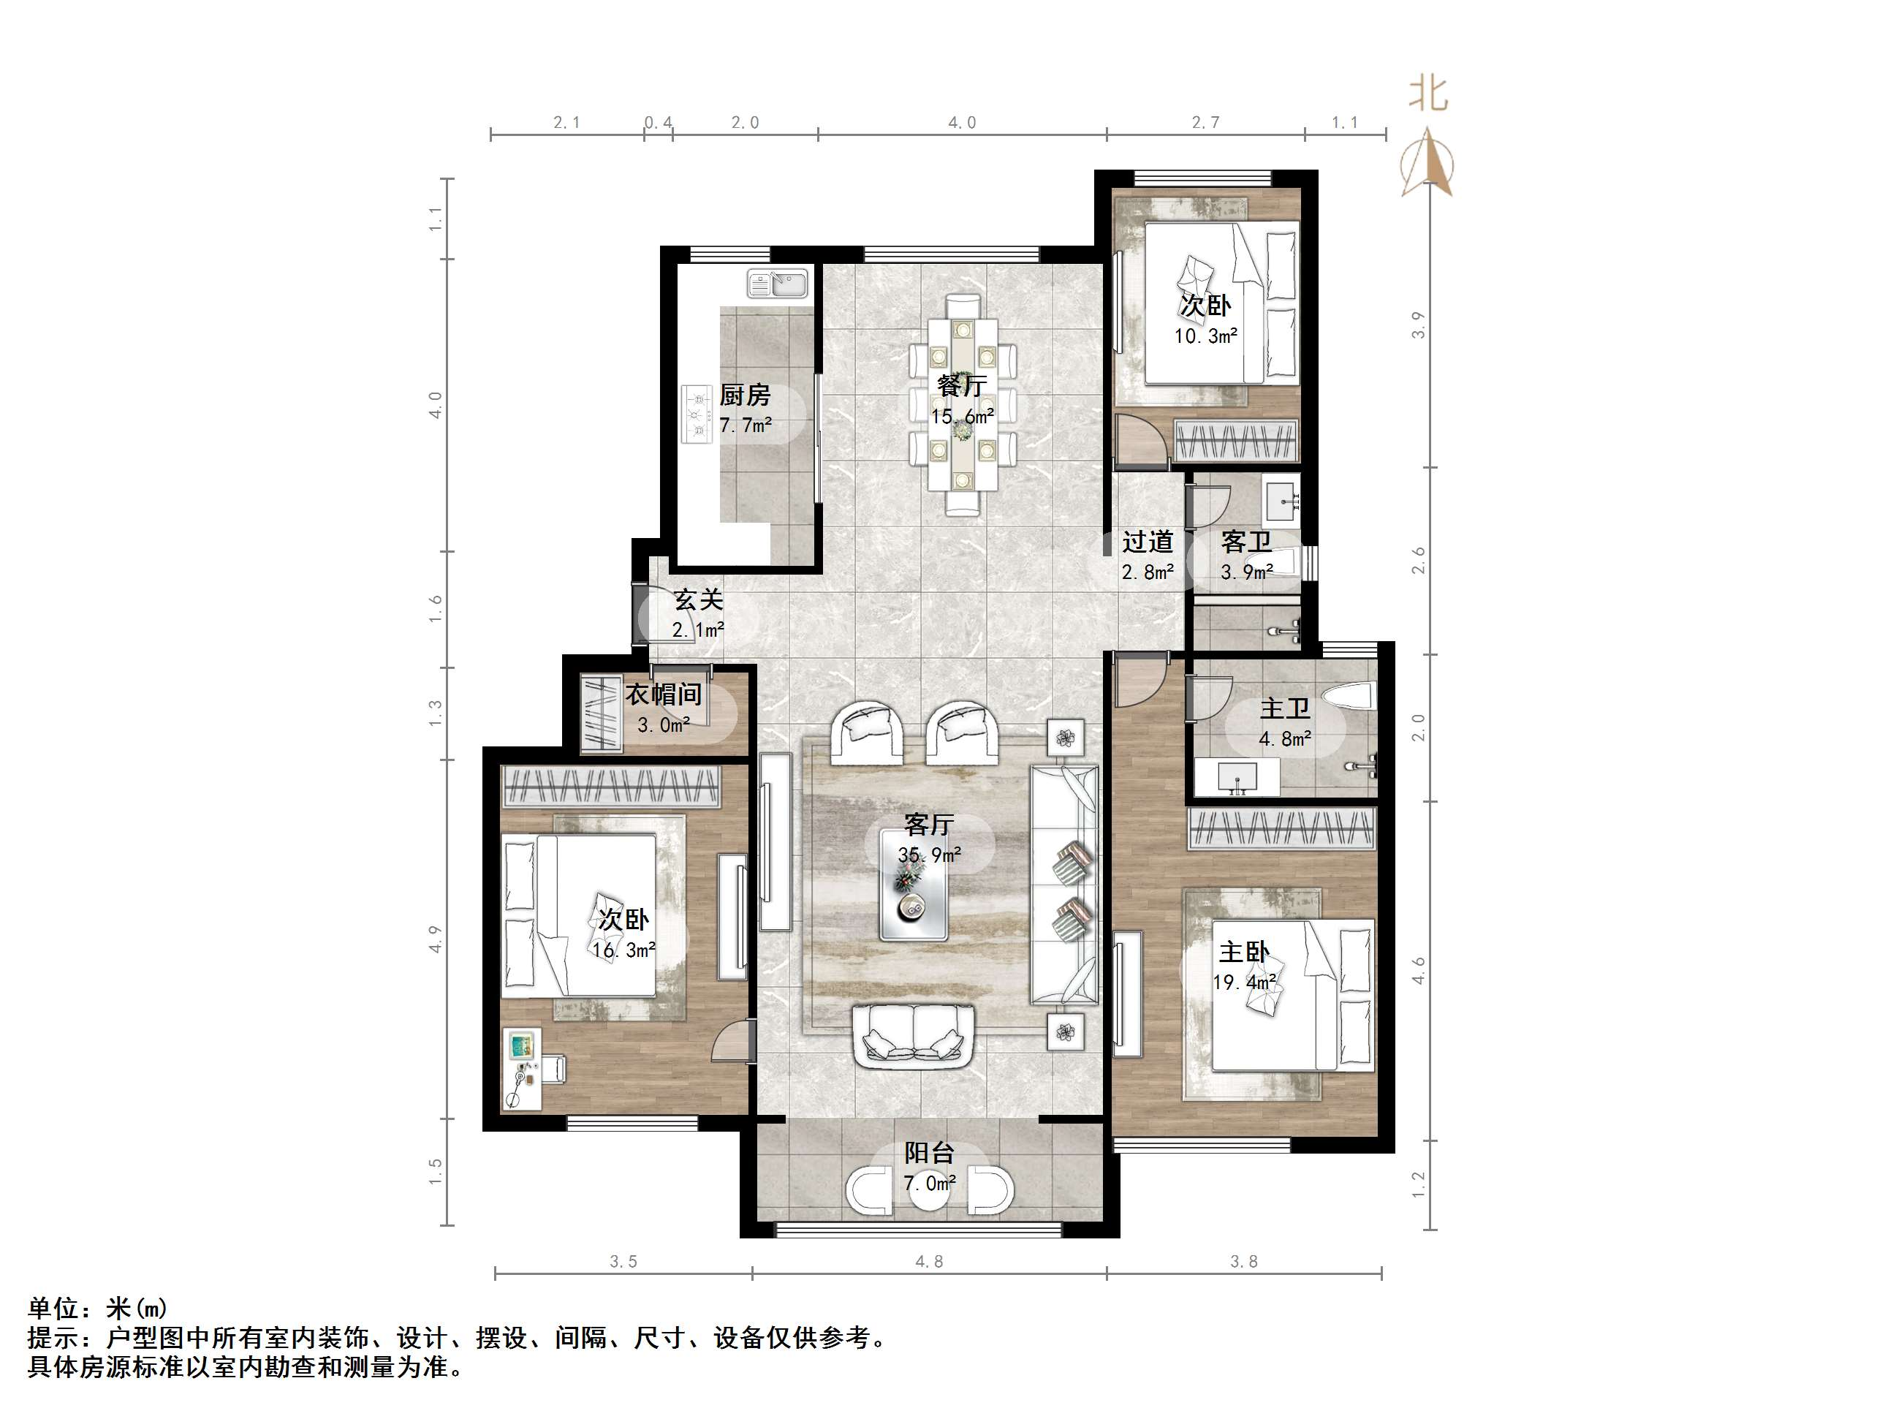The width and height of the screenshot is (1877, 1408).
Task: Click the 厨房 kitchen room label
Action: coord(744,395)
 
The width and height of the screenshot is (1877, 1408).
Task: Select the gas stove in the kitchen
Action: coord(697,415)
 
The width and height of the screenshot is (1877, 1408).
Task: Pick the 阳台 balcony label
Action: coord(928,1153)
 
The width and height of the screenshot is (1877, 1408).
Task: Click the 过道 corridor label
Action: coord(1148,542)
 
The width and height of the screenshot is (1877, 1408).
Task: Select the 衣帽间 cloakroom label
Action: coord(663,695)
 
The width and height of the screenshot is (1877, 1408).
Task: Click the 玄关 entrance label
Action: coord(697,600)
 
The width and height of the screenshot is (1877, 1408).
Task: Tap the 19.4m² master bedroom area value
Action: coord(1245,983)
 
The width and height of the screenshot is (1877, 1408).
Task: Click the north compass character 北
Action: coord(1428,94)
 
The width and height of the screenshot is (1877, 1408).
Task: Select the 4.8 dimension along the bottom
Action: coord(928,1262)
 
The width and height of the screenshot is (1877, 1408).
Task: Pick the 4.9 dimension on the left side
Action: coord(436,939)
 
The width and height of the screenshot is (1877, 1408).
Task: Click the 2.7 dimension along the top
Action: coord(1205,123)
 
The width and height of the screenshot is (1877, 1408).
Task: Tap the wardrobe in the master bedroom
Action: coord(1281,828)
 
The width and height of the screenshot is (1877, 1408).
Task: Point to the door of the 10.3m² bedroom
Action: coord(1135,438)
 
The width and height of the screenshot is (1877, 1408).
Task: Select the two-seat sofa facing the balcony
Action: coord(914,1037)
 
